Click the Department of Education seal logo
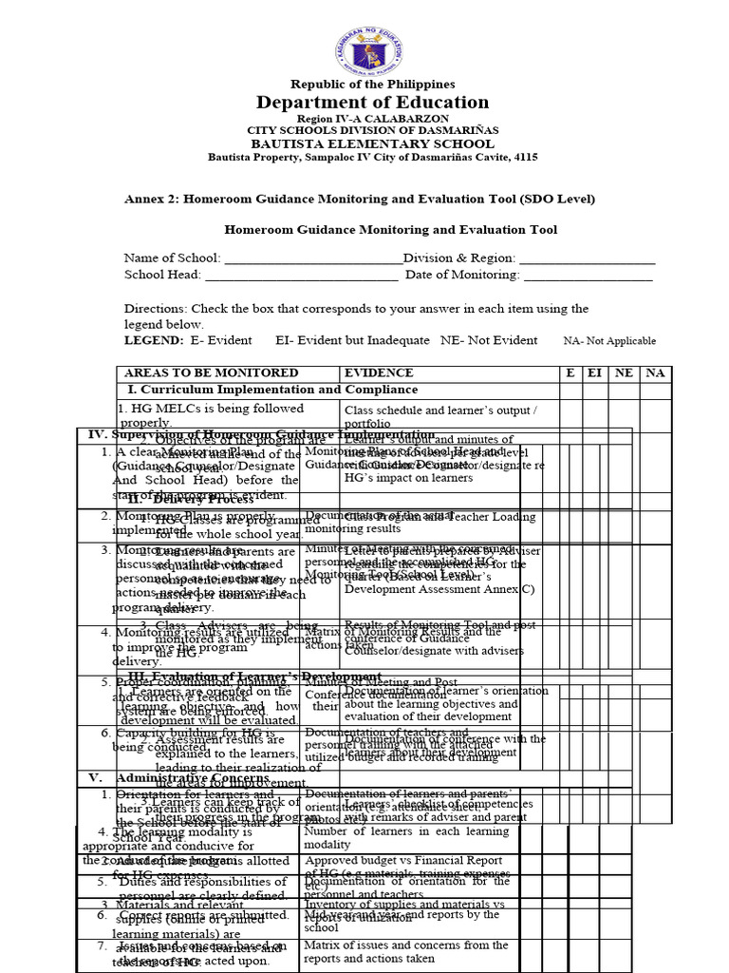coord(372,48)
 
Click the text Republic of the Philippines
coord(372,85)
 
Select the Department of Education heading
coord(372,103)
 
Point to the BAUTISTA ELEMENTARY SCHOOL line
coord(372,143)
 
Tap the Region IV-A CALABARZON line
coord(372,118)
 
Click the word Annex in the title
coord(142,199)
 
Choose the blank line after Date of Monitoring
coord(589,275)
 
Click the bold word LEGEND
coord(154,340)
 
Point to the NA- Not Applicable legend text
coord(609,341)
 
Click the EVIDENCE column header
coord(379,373)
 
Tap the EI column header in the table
coord(594,373)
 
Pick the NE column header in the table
coord(624,373)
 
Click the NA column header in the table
coord(655,373)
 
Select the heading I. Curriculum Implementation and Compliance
coord(272,390)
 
